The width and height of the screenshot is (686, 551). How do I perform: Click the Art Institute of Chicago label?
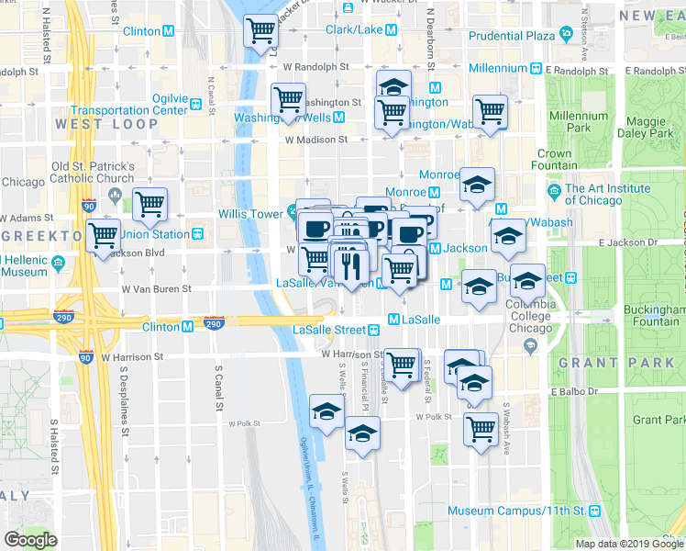pyautogui.click(x=609, y=195)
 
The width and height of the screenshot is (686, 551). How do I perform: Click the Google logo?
pyautogui.click(x=30, y=540)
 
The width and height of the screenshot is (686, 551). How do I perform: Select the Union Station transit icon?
pyautogui.click(x=197, y=234)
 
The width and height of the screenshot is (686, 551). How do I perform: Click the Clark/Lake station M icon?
pyautogui.click(x=392, y=30)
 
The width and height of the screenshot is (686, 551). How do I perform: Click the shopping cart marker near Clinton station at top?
pyautogui.click(x=260, y=33)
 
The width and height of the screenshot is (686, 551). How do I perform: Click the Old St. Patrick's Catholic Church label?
pyautogui.click(x=94, y=173)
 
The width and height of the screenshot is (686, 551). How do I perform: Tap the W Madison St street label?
pyautogui.click(x=316, y=140)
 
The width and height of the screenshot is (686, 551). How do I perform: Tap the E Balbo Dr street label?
pyautogui.click(x=574, y=391)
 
